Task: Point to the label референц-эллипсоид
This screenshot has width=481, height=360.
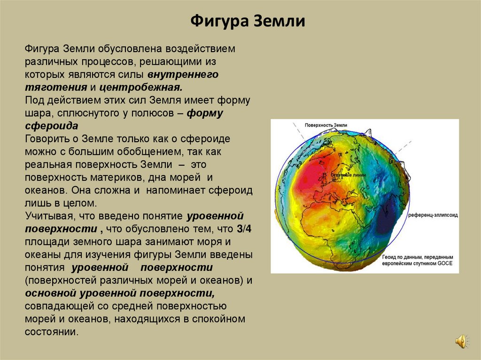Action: (433, 214)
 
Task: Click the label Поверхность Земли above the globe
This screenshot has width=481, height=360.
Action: (326, 125)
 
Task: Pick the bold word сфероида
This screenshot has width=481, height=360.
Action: (52, 126)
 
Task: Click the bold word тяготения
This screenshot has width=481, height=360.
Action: (56, 87)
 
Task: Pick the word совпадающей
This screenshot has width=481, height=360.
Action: (56, 306)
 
